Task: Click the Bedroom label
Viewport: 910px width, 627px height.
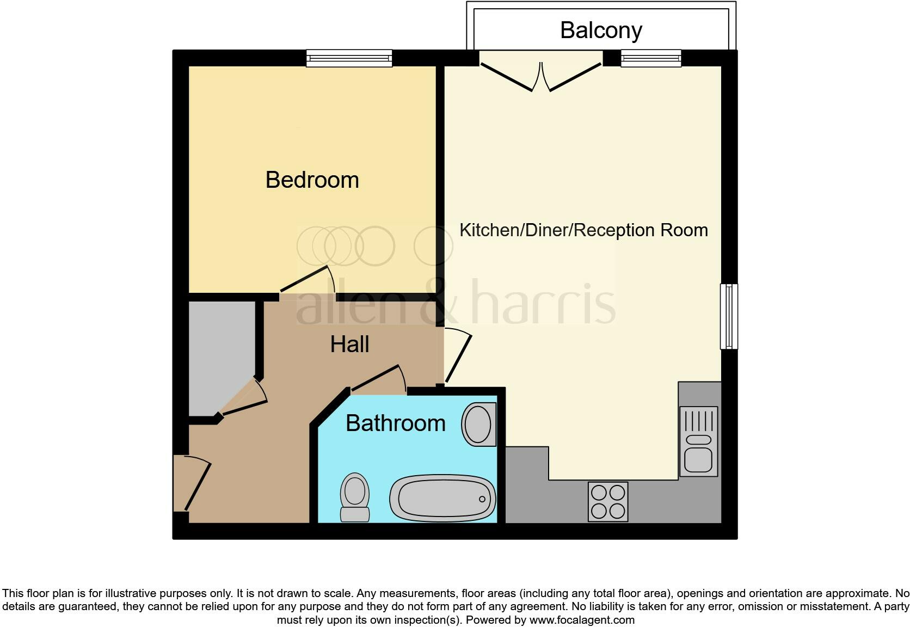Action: pos(312,180)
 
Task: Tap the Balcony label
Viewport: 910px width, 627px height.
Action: pos(601,30)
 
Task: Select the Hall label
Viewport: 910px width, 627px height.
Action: pos(349,345)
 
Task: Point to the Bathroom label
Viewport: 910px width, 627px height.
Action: pos(395,423)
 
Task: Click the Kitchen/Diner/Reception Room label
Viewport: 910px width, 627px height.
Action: pos(583,230)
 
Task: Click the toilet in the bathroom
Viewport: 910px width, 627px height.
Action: pos(355,497)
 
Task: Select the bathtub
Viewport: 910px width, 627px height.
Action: pos(442,498)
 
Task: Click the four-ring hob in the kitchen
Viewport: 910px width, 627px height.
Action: pos(608,501)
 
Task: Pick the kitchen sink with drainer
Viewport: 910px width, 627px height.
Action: pos(698,441)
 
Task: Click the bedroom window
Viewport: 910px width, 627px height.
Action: pos(349,58)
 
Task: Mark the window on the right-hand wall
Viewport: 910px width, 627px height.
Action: pos(729,316)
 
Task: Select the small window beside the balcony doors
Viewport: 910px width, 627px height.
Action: pos(651,58)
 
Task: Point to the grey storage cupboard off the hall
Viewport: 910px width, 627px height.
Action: pos(220,354)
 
